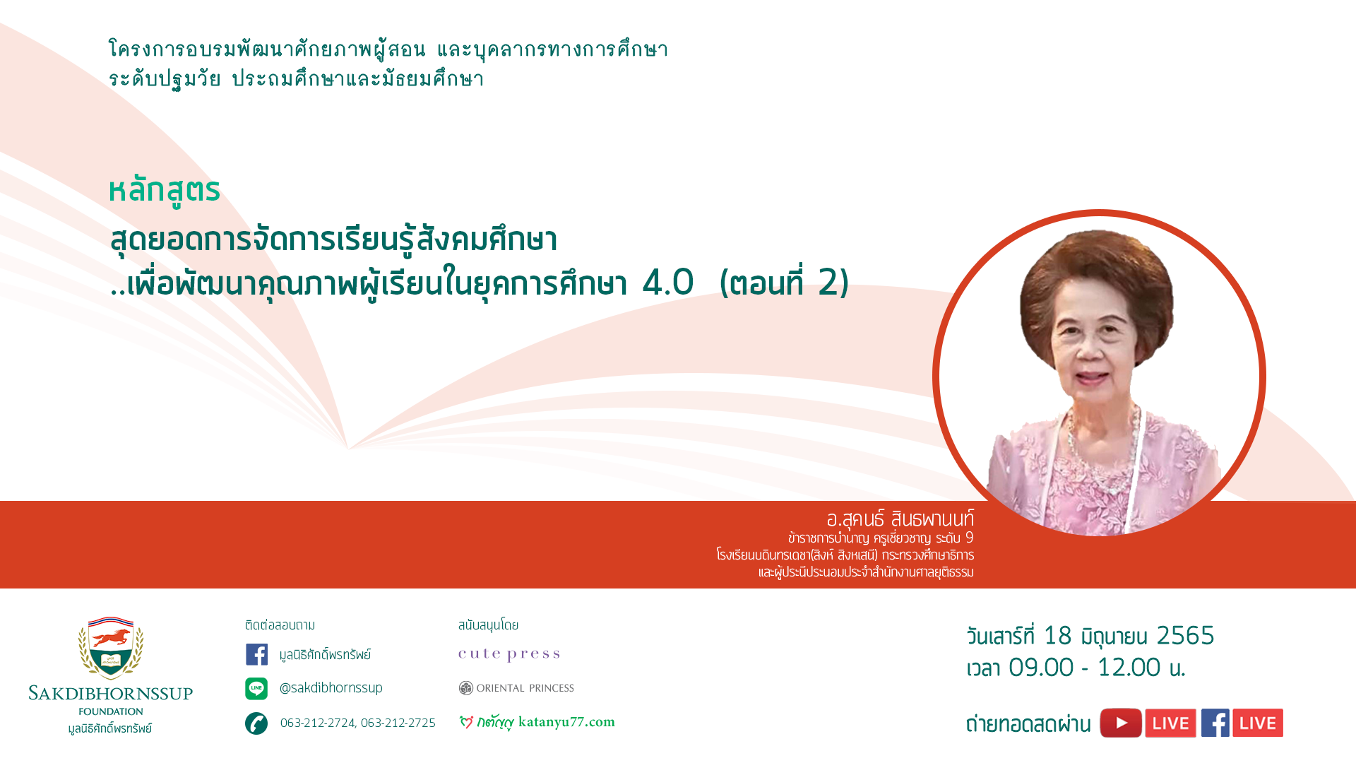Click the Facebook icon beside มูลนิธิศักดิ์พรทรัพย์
click(256, 654)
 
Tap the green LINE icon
click(256, 688)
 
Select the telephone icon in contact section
click(256, 723)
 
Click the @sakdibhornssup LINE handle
click(331, 687)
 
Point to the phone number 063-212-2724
click(318, 723)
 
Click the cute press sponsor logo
click(509, 654)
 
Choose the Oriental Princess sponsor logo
click(516, 688)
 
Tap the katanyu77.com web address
click(566, 722)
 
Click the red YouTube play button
click(1121, 723)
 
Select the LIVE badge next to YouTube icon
click(1171, 723)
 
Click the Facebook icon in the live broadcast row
click(1215, 723)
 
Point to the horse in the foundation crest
click(111, 638)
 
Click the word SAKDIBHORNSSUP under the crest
click(111, 693)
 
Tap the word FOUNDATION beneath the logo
click(111, 711)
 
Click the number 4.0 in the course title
click(668, 282)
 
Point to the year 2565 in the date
click(1185, 635)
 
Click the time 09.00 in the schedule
click(1041, 667)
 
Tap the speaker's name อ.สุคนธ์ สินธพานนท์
click(900, 519)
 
